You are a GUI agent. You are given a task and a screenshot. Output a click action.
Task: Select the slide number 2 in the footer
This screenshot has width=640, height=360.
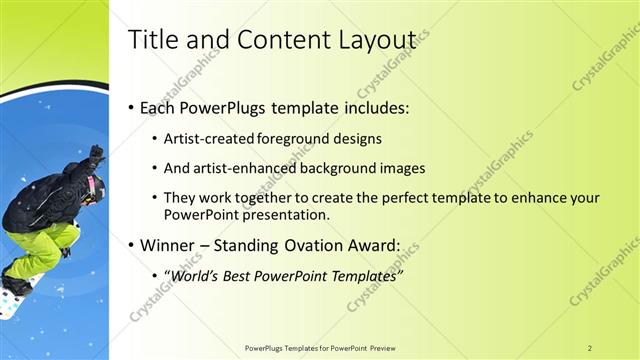[590, 347]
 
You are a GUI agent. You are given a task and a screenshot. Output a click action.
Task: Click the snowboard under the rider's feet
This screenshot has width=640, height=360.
[15, 295]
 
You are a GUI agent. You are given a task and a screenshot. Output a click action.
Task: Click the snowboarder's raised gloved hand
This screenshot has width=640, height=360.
[96, 154]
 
